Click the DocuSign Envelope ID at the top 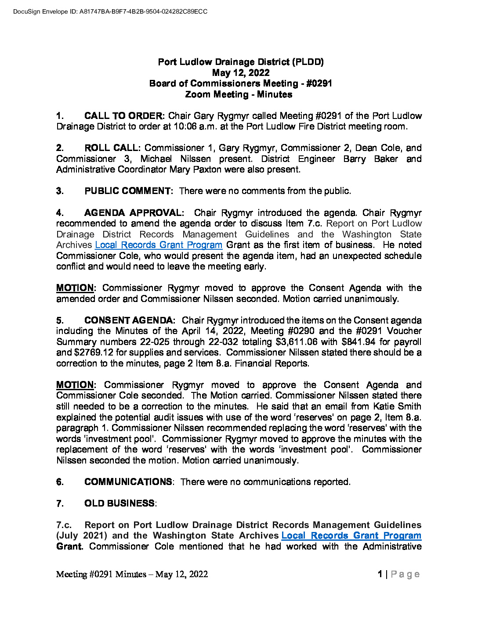click(x=110, y=11)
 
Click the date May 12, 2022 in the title click(x=241, y=73)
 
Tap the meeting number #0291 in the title click(x=319, y=83)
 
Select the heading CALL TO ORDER click(x=123, y=116)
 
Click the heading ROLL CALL click(x=112, y=148)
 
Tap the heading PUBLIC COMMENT click(x=128, y=191)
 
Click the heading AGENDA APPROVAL click(x=134, y=213)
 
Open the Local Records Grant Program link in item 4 click(x=159, y=245)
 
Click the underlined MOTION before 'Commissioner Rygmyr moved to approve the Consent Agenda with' click(x=75, y=288)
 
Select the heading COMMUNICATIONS click(x=128, y=482)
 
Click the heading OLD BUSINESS click(x=119, y=503)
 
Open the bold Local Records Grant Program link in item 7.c click(x=351, y=535)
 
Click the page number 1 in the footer click(x=380, y=574)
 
